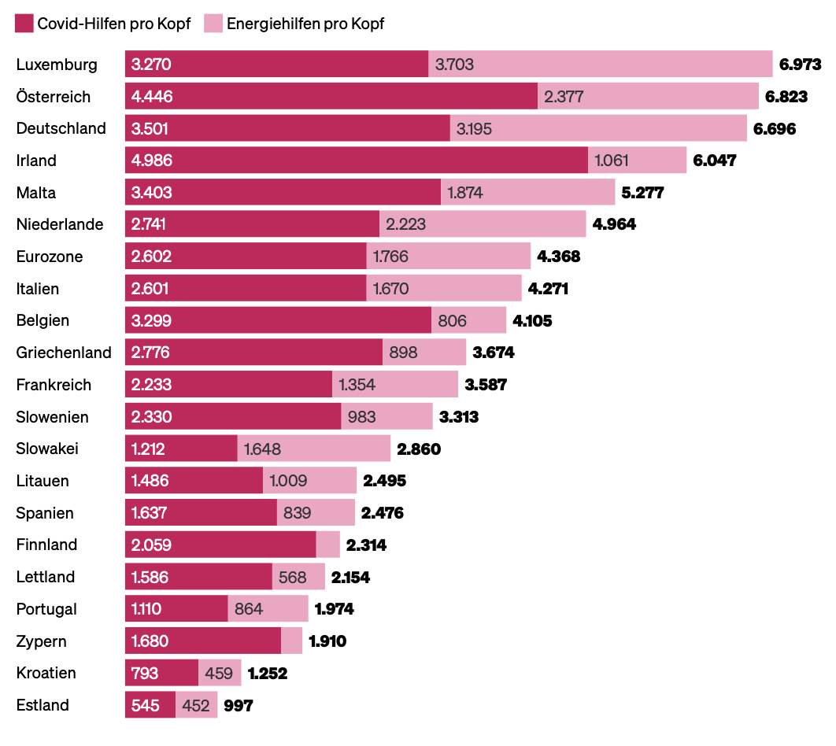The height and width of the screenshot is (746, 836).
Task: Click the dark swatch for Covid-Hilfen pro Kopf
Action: pyautogui.click(x=24, y=24)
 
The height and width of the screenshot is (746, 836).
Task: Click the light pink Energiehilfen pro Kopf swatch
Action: pyautogui.click(x=213, y=24)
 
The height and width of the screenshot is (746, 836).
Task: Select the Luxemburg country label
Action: pyautogui.click(x=57, y=65)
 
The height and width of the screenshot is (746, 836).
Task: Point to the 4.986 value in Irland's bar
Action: pyautogui.click(x=152, y=161)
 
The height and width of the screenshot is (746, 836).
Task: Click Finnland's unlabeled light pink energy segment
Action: pyautogui.click(x=327, y=545)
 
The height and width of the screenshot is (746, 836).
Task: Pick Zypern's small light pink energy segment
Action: pyautogui.click(x=291, y=641)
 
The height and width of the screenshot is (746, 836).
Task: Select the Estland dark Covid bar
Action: pyautogui.click(x=150, y=705)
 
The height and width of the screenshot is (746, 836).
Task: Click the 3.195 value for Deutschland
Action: pyautogui.click(x=474, y=128)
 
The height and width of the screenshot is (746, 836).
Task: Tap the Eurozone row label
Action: pyautogui.click(x=49, y=257)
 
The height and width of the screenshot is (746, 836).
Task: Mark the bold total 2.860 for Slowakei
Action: pyautogui.click(x=419, y=449)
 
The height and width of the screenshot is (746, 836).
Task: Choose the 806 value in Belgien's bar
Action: pyautogui.click(x=452, y=321)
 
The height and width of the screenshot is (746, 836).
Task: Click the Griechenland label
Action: pyautogui.click(x=64, y=353)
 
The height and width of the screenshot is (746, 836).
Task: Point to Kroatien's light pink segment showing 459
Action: pyautogui.click(x=220, y=673)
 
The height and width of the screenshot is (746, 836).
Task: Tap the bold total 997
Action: pyautogui.click(x=239, y=705)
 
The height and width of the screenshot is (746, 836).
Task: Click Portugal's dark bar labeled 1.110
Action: pyautogui.click(x=176, y=609)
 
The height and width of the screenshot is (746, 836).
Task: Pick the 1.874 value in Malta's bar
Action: pyautogui.click(x=465, y=193)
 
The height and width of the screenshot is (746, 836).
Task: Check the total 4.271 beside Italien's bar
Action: pyautogui.click(x=548, y=289)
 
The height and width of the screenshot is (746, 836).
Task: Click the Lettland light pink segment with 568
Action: pyautogui.click(x=298, y=577)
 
